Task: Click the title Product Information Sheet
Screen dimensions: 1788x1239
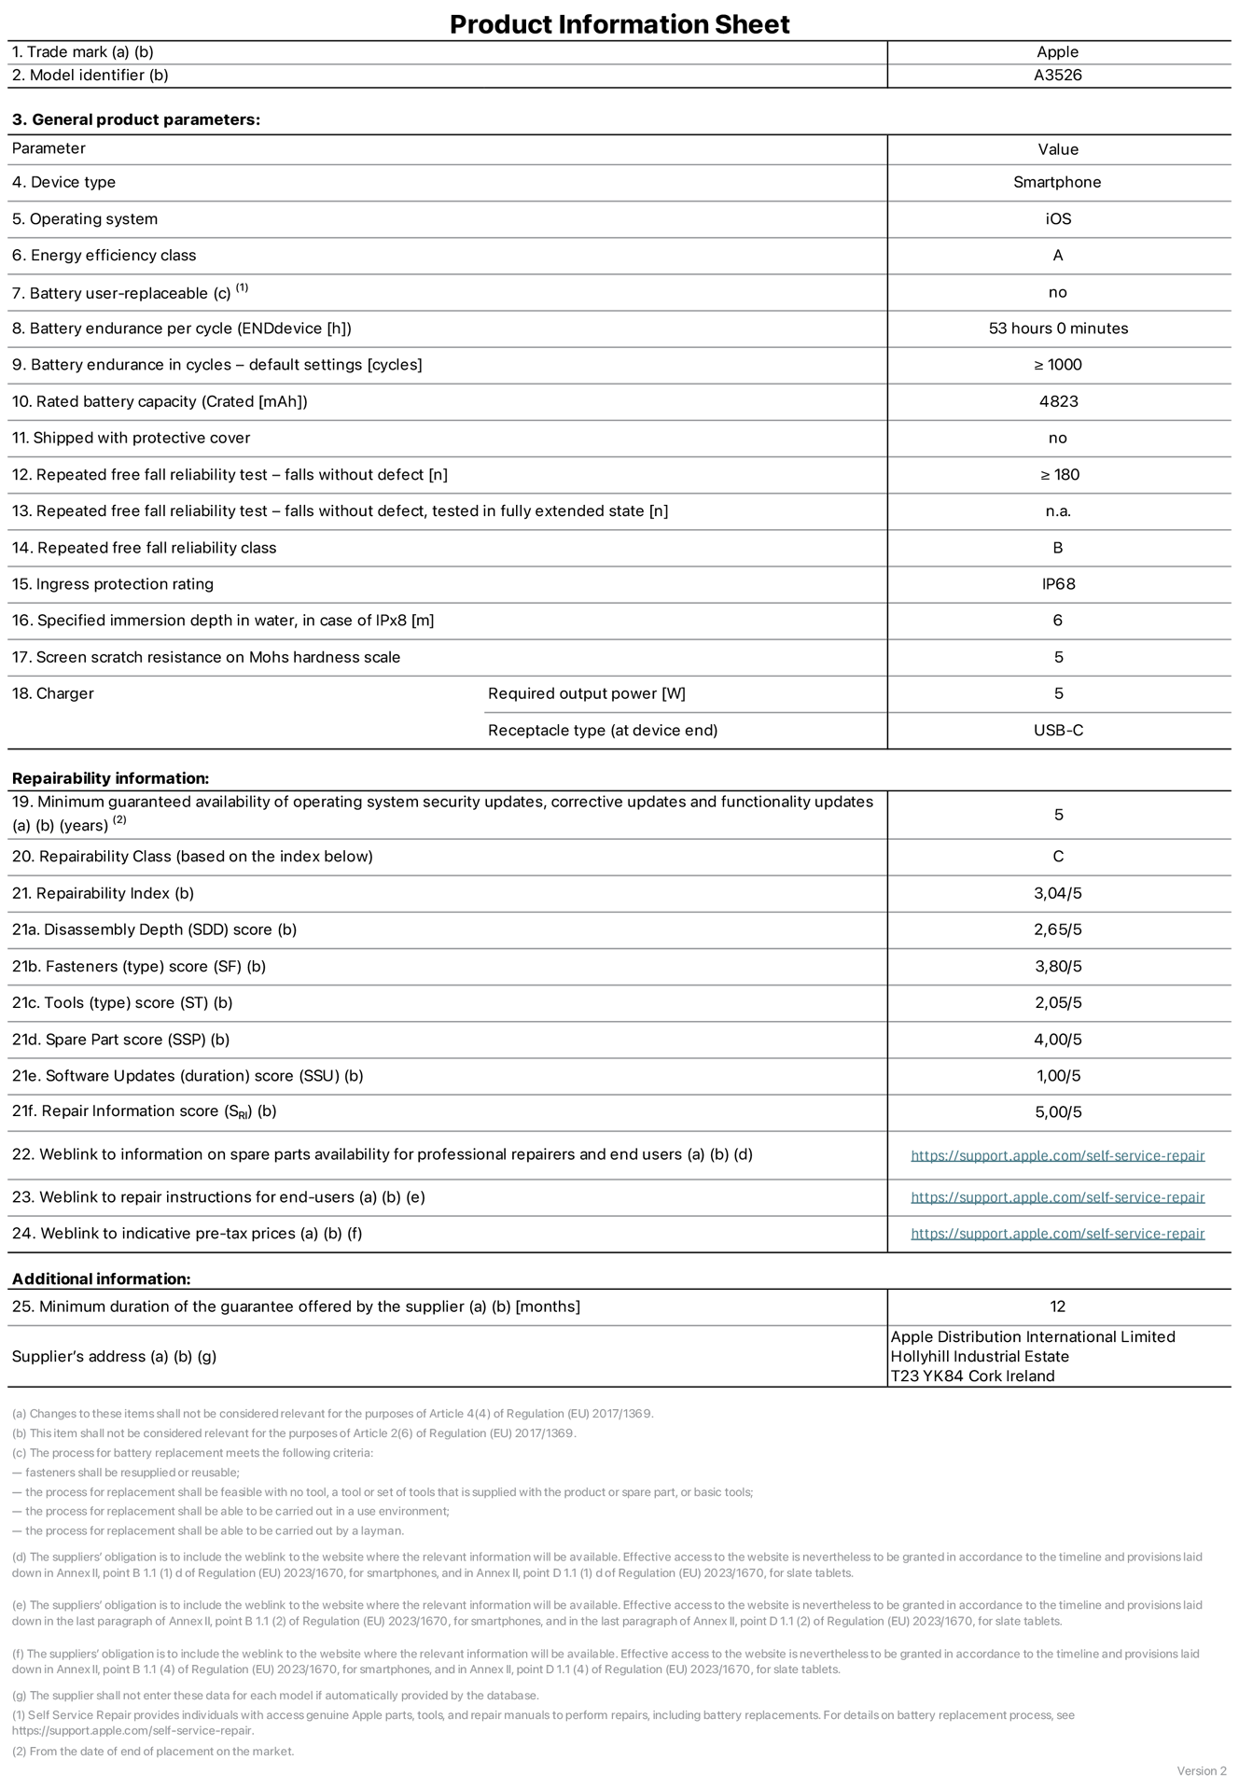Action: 619,24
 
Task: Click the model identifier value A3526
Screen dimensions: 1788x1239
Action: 1057,76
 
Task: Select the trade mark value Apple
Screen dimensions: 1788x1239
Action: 1057,52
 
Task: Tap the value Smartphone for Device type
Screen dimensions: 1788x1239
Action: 1057,182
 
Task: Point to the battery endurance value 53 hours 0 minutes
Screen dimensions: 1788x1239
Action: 1058,328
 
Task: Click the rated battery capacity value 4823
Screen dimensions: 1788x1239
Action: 1058,401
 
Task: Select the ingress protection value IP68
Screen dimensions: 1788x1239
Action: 1058,584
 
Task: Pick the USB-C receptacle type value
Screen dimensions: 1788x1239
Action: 1058,730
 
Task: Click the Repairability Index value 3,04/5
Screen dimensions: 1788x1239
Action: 1058,893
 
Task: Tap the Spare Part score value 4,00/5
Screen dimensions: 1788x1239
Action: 1058,1040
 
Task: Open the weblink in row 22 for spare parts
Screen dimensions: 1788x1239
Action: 1057,1155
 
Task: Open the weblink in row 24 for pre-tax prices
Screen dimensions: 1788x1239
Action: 1057,1234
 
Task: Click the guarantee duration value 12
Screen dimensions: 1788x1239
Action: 1057,1306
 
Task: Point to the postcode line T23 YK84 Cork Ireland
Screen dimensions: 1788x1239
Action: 972,1376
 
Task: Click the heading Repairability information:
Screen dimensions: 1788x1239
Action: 110,778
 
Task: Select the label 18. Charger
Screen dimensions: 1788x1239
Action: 52,693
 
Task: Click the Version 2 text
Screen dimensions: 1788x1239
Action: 1202,1771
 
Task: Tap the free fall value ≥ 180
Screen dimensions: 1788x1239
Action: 1059,475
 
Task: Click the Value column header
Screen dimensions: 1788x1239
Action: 1058,149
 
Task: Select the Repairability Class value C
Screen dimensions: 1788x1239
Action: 1058,857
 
